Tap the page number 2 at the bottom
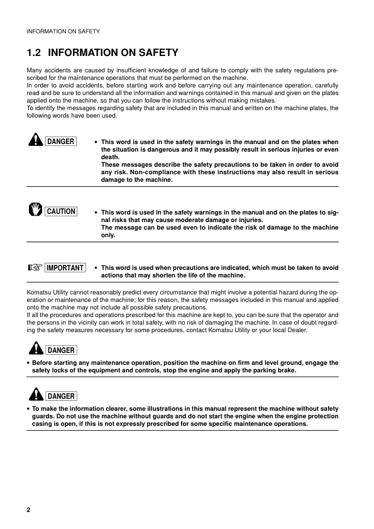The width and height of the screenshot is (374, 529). [x=28, y=509]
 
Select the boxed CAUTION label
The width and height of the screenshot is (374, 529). [x=60, y=211]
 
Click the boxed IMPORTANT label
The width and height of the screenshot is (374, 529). [x=65, y=267]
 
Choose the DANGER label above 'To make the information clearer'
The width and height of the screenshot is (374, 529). [x=60, y=396]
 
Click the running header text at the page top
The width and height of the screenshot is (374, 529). [x=62, y=30]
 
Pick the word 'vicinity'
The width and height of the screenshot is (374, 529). [x=86, y=322]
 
